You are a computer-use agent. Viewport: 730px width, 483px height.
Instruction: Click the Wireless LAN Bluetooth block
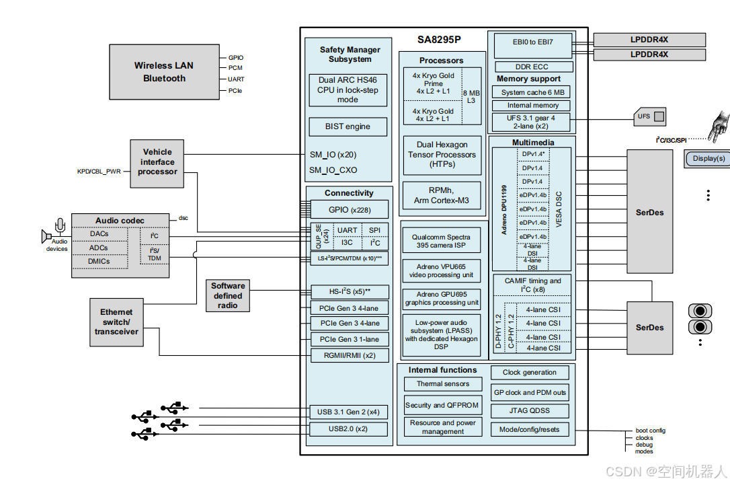click(x=164, y=71)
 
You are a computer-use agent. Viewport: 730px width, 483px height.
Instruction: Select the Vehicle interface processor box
click(x=157, y=161)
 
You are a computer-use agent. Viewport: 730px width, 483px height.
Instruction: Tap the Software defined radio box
click(x=228, y=295)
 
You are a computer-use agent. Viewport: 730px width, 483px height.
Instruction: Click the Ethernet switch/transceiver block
click(x=116, y=322)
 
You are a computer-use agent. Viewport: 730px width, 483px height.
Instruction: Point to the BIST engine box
click(x=348, y=126)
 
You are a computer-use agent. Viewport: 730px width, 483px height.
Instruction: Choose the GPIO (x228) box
click(x=348, y=209)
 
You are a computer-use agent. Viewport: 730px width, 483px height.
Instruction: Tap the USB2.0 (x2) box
click(x=348, y=429)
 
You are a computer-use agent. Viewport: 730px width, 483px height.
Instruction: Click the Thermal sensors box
click(x=443, y=384)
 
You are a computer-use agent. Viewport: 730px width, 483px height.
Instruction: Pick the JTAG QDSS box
click(x=530, y=410)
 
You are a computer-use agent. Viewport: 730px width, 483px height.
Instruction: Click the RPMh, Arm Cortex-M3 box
click(x=442, y=195)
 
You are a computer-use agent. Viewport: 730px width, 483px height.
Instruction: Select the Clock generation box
click(x=530, y=372)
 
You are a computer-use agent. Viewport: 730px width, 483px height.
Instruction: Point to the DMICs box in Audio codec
click(x=99, y=262)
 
